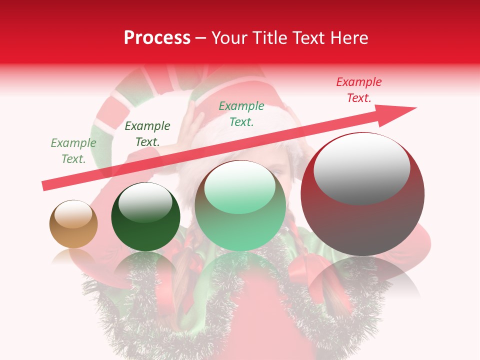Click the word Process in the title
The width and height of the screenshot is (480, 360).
[157, 38]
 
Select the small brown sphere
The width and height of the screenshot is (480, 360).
[73, 224]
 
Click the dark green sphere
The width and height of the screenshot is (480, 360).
[145, 217]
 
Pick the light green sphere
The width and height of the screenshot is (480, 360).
[240, 206]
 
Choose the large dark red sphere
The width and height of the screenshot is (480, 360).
[362, 194]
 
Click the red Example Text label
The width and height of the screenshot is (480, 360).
[359, 90]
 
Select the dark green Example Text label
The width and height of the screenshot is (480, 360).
[147, 134]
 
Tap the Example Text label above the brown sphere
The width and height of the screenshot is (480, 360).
[73, 151]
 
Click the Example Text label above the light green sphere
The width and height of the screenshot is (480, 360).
[241, 114]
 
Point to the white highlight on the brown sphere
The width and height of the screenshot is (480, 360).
[73, 214]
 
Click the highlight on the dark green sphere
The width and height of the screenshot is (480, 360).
[145, 202]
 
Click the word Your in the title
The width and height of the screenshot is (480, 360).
[229, 38]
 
